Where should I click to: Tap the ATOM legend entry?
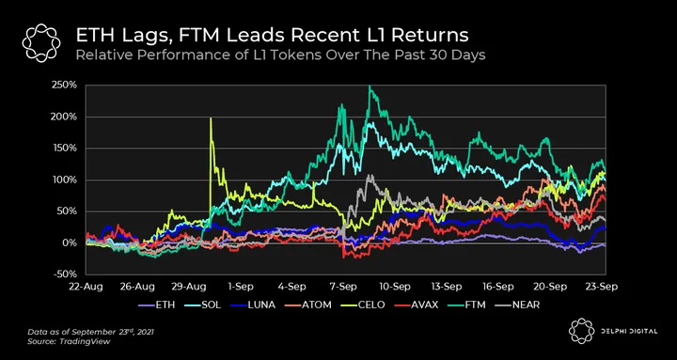coord(308,305)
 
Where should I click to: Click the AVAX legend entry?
coord(417,305)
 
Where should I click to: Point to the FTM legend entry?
coord(466,305)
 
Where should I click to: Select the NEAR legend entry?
coord(517,305)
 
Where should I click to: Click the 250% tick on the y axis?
coord(66,85)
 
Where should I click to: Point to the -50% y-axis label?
coord(67,274)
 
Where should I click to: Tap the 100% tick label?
coord(67,180)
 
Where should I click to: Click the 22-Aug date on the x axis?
coord(87,287)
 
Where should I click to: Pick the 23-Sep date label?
coord(602,287)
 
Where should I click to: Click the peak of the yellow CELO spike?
coord(211,118)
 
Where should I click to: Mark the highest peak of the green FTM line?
coord(370,86)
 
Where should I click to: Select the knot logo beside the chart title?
coord(41,42)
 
